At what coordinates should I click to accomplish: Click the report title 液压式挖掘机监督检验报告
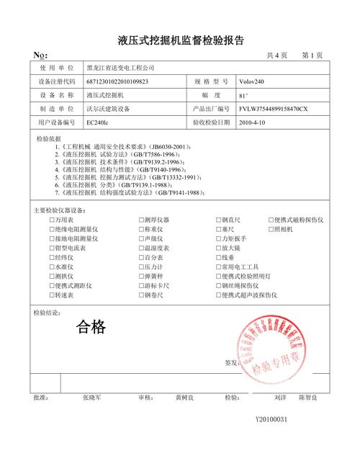(x=180, y=40)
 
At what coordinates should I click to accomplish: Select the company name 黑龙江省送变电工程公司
(x=120, y=68)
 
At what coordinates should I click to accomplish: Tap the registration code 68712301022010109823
(x=117, y=81)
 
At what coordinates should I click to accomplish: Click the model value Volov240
(x=253, y=81)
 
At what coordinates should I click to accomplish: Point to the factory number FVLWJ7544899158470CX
(x=274, y=109)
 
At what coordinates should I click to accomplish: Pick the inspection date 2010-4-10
(x=252, y=122)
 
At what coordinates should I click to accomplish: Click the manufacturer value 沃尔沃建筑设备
(x=108, y=109)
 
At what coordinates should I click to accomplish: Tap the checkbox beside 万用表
(x=53, y=220)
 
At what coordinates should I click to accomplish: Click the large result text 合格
(x=91, y=328)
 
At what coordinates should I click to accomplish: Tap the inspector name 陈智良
(x=310, y=397)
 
